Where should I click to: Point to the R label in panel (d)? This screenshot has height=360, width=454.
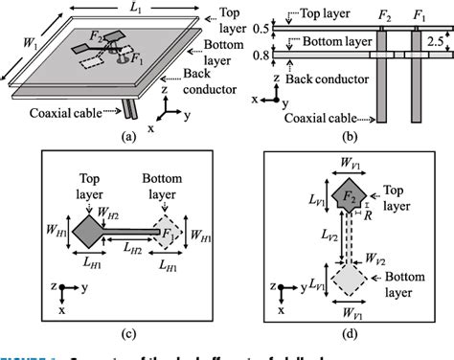368,214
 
